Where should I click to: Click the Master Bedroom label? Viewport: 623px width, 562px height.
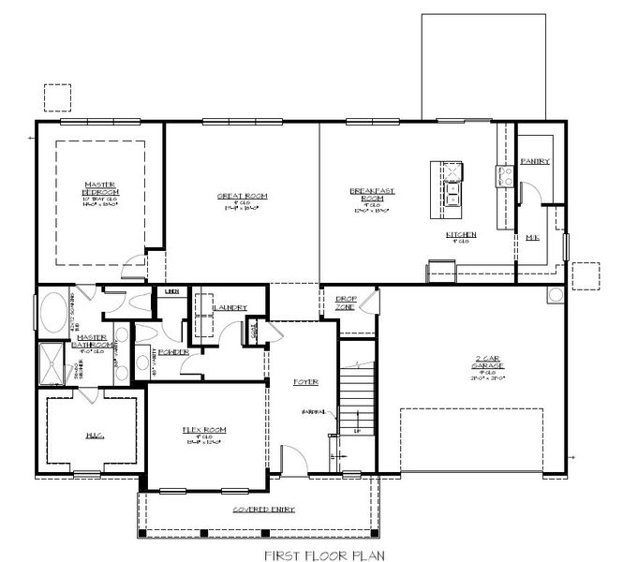[x=100, y=186]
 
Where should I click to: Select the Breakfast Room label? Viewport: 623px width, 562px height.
[x=372, y=193]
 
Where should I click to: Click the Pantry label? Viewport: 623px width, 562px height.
[x=534, y=161]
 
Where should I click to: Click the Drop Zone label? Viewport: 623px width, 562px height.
[x=345, y=303]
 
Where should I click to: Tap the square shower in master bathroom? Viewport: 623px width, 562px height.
[x=52, y=364]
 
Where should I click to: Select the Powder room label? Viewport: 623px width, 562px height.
[x=175, y=352]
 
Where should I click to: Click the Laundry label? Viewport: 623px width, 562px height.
[x=230, y=307]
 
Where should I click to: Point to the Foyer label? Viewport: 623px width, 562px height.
[x=305, y=381]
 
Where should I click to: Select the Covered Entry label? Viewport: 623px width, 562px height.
[x=264, y=509]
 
